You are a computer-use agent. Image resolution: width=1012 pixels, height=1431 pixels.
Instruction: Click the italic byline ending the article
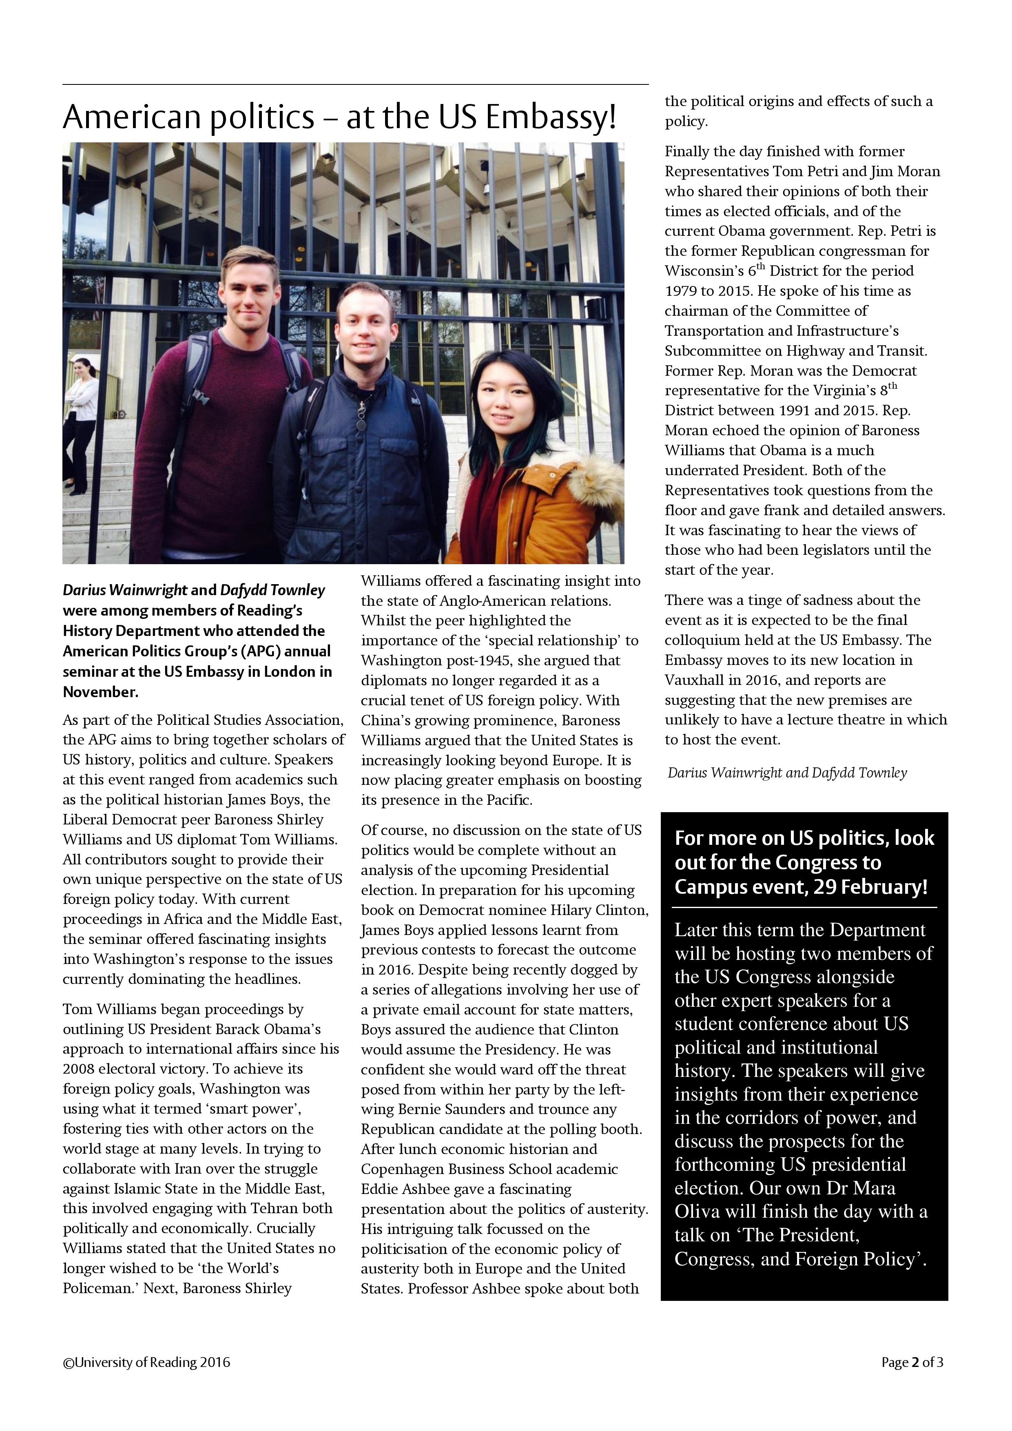click(787, 773)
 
